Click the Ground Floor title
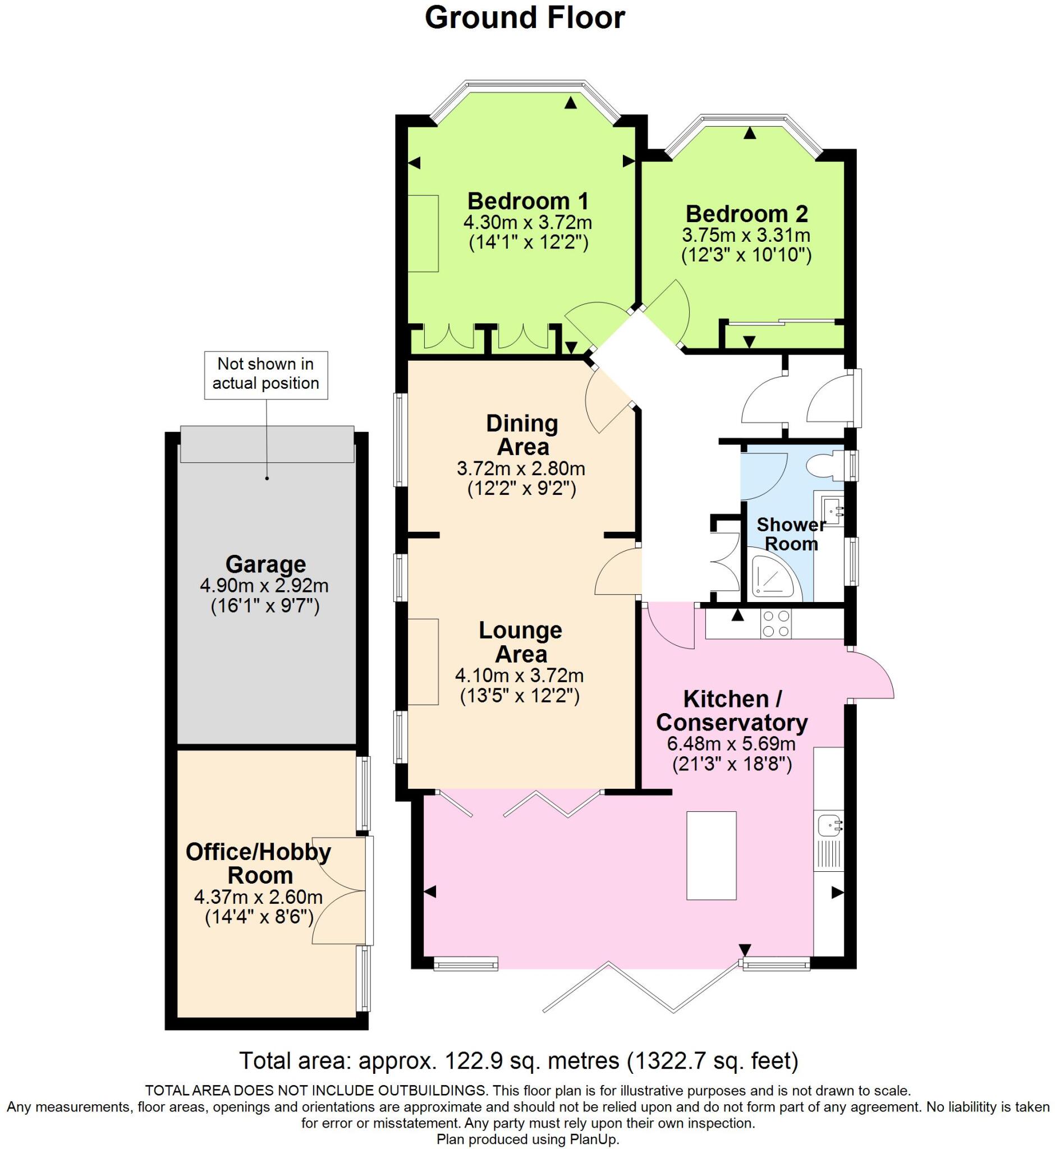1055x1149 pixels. click(x=525, y=19)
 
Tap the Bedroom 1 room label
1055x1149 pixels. click(x=527, y=201)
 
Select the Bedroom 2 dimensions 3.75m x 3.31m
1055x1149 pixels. click(x=746, y=235)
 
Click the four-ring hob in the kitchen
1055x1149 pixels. click(x=777, y=623)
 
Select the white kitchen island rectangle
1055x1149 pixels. click(x=711, y=855)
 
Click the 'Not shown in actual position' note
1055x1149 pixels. click(x=266, y=374)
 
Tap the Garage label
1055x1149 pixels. click(x=265, y=564)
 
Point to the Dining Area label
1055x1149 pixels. click(x=522, y=435)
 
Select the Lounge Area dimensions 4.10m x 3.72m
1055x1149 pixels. click(x=519, y=676)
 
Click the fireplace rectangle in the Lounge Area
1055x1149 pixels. click(x=423, y=661)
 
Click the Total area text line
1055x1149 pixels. click(x=519, y=1060)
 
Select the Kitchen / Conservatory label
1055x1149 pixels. click(x=732, y=711)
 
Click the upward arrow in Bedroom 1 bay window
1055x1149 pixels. click(x=570, y=103)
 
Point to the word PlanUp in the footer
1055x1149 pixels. click(x=594, y=1139)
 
